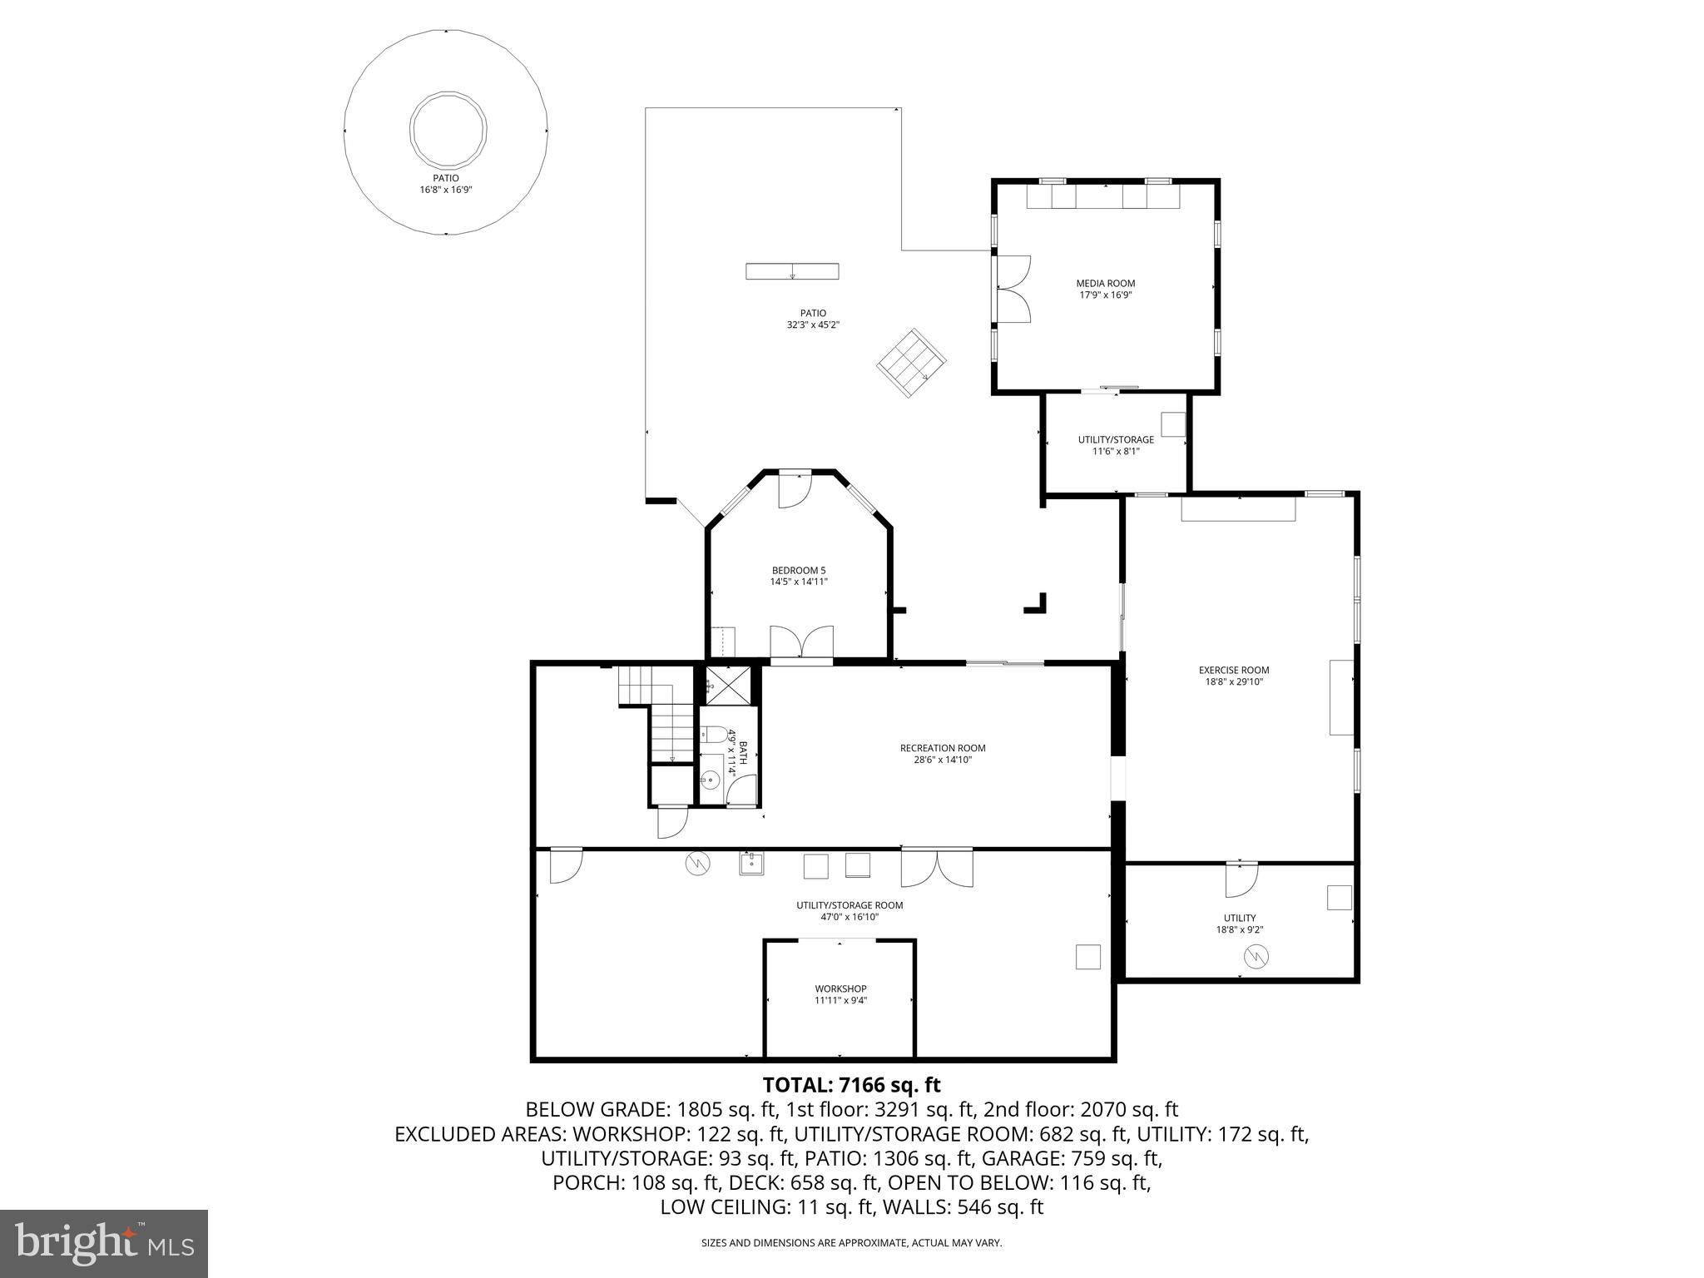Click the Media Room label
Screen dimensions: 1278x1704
(1105, 284)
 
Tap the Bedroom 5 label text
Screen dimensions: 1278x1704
(798, 570)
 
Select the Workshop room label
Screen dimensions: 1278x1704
(840, 988)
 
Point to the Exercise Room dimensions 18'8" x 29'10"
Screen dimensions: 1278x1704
(1234, 681)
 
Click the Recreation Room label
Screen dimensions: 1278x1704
(943, 748)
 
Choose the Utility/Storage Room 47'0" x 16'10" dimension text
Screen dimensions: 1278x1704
(849, 917)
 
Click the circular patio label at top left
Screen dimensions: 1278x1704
(445, 178)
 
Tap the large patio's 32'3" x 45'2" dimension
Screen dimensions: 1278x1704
(813, 325)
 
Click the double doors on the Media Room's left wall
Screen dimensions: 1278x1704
(1014, 289)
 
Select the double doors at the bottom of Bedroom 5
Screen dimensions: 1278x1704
(801, 642)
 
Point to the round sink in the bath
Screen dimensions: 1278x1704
(710, 780)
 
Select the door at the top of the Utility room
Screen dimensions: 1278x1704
(1241, 879)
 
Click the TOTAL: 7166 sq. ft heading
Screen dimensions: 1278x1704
(851, 1085)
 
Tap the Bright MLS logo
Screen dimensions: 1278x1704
(104, 1243)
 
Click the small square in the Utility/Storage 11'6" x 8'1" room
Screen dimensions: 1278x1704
(1172, 424)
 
